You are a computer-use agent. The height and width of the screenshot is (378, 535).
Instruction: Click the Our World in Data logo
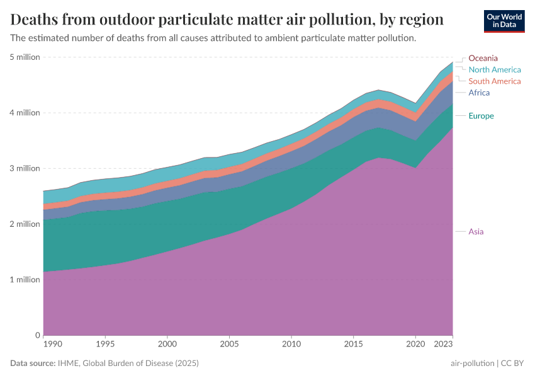coord(504,21)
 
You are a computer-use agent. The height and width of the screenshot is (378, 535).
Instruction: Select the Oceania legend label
coord(483,58)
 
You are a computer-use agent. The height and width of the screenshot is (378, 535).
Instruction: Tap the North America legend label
coord(495,69)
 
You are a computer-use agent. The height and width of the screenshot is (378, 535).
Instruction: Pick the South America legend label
coord(495,81)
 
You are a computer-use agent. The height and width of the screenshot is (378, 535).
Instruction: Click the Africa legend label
coord(479,93)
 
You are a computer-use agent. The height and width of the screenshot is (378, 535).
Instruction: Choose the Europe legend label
coord(481,116)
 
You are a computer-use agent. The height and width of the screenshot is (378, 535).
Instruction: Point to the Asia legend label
coord(476,231)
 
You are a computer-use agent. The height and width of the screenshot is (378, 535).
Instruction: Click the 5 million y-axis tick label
coord(25,57)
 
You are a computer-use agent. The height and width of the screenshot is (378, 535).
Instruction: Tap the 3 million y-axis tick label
coord(25,168)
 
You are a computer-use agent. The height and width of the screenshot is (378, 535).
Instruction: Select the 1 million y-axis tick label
coord(25,280)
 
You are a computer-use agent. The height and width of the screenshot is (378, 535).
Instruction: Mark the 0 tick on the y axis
coord(37,335)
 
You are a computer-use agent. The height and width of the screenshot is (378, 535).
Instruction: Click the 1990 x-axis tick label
coord(52,345)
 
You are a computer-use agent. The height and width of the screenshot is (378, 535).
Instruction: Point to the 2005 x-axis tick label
coord(228,345)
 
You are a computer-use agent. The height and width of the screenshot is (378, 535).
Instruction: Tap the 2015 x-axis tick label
coord(353,345)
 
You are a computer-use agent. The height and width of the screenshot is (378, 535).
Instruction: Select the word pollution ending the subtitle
coord(397,38)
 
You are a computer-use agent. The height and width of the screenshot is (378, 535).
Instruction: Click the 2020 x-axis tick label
coord(415,345)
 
